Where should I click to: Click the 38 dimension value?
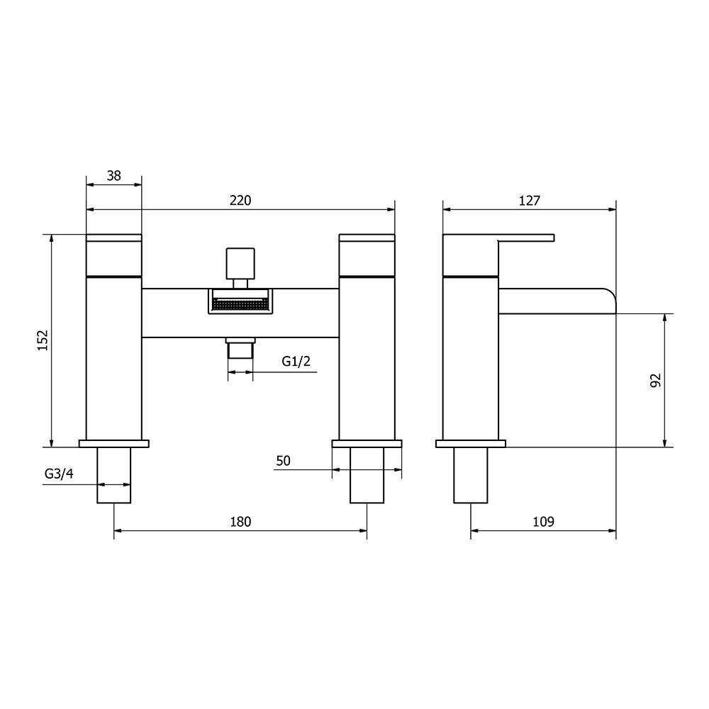113,176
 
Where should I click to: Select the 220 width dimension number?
240,201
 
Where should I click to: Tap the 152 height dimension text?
42,340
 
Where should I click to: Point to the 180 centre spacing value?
240,522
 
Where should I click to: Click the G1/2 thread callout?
296,362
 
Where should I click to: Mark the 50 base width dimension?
283,461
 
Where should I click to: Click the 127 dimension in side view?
529,201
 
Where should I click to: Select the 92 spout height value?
655,380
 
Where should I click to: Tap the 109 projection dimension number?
542,522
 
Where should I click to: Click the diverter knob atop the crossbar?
240,264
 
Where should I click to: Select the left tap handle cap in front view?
113,254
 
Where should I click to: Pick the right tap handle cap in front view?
367,254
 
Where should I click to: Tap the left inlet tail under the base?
114,476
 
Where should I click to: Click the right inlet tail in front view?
367,476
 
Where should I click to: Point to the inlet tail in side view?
471,476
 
